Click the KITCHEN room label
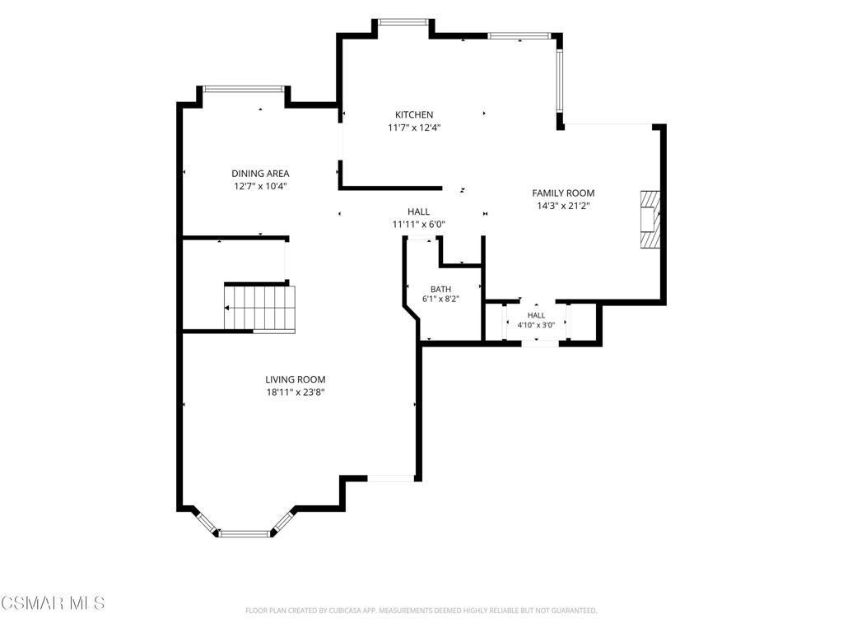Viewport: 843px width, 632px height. point(414,114)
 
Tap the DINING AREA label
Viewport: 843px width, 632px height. point(260,173)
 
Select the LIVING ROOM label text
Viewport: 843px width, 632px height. point(296,379)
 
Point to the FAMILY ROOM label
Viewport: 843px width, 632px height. point(563,193)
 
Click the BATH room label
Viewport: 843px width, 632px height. point(441,289)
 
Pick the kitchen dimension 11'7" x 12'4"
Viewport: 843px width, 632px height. point(415,128)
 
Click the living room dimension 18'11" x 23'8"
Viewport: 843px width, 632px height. point(296,393)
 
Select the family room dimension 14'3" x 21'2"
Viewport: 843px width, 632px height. point(563,206)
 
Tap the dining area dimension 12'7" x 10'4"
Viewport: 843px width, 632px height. point(261,187)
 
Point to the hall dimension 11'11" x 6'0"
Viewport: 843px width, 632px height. point(419,225)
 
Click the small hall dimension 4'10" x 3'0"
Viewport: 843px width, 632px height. point(536,325)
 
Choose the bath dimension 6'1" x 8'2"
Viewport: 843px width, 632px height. point(441,300)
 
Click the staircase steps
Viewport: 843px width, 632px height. point(259,308)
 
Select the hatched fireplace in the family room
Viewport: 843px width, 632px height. point(650,219)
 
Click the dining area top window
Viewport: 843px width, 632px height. point(244,89)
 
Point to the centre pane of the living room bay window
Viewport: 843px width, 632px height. point(245,533)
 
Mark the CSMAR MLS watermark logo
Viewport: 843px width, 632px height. point(53,602)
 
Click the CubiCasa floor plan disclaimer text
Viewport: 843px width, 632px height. point(421,611)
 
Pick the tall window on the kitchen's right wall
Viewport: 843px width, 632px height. point(560,80)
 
